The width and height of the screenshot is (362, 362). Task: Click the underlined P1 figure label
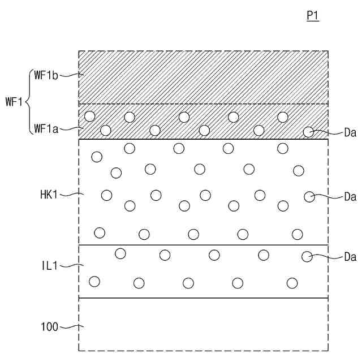click(313, 16)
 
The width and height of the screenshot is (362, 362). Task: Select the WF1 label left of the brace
click(14, 102)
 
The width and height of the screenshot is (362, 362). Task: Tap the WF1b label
click(46, 75)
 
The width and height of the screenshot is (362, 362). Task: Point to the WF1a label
click(46, 129)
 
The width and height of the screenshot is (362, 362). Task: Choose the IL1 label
click(49, 265)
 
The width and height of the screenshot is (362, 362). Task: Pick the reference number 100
click(49, 326)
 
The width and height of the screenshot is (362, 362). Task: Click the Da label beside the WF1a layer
click(350, 133)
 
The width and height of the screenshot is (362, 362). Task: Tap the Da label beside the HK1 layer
click(350, 197)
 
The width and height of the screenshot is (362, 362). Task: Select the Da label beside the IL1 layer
click(350, 257)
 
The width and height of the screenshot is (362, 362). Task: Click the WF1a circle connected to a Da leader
click(308, 132)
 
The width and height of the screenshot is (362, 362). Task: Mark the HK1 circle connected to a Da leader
click(309, 196)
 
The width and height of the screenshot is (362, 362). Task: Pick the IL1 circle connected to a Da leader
click(307, 257)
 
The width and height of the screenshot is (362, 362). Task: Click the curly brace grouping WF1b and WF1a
click(28, 102)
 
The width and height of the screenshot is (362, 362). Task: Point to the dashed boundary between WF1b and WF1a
click(204, 104)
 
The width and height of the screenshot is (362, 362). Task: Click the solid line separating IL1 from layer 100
click(204, 298)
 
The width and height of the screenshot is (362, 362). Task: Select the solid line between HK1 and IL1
click(204, 245)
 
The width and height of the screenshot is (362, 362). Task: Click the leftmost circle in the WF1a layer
click(89, 117)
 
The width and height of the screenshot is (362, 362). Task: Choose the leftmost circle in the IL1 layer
click(94, 281)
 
